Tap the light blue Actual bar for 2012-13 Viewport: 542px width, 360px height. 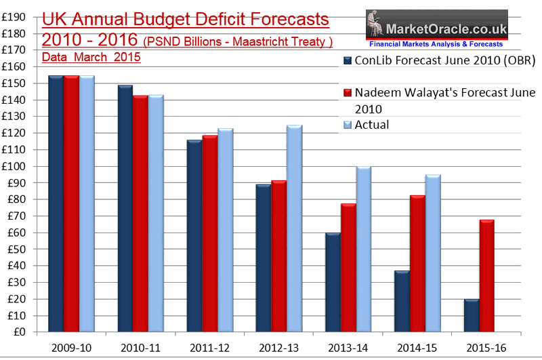(294, 228)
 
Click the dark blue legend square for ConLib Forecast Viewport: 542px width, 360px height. (348, 61)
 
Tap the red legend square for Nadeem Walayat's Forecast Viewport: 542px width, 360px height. (348, 92)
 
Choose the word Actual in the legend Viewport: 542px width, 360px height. (372, 125)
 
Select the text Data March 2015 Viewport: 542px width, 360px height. (91, 58)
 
